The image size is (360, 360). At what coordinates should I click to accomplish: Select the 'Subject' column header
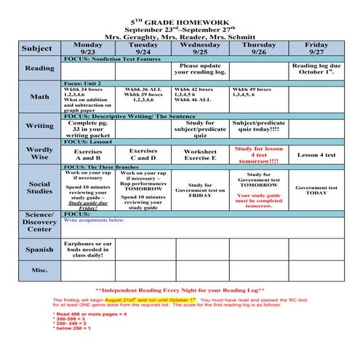[36, 49]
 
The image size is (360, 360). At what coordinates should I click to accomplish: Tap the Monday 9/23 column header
[88, 49]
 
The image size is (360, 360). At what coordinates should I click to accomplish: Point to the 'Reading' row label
[40, 68]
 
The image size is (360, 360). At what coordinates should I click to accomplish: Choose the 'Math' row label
[40, 96]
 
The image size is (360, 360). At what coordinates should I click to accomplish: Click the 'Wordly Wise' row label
[40, 153]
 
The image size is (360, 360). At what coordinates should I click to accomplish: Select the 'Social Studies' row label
[40, 188]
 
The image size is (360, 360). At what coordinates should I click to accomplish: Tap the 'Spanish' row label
[40, 249]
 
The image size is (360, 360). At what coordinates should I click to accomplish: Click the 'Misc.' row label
[40, 271]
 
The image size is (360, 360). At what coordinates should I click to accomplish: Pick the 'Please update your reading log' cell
[200, 68]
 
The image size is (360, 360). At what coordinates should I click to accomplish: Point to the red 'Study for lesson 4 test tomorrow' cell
[257, 154]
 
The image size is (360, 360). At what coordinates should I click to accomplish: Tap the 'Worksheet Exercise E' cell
[200, 154]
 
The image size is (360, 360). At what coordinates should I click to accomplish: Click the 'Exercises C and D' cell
[143, 154]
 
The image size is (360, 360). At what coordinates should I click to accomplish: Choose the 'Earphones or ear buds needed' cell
[89, 249]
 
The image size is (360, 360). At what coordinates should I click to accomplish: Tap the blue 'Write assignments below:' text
[95, 220]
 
